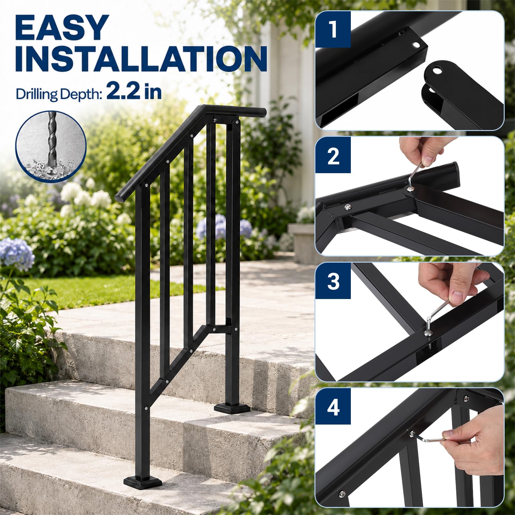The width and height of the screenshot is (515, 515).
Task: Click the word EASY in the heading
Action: pos(61,28)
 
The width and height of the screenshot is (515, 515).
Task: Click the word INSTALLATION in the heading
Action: pos(141,59)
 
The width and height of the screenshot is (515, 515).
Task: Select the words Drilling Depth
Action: pos(59,94)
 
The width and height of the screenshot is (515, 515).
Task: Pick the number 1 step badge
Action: pos(333,29)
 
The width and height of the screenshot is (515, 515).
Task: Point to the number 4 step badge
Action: pos(333,407)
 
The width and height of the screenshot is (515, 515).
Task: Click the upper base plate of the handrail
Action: pos(232,408)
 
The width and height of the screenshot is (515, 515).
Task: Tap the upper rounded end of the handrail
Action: pos(261,112)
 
